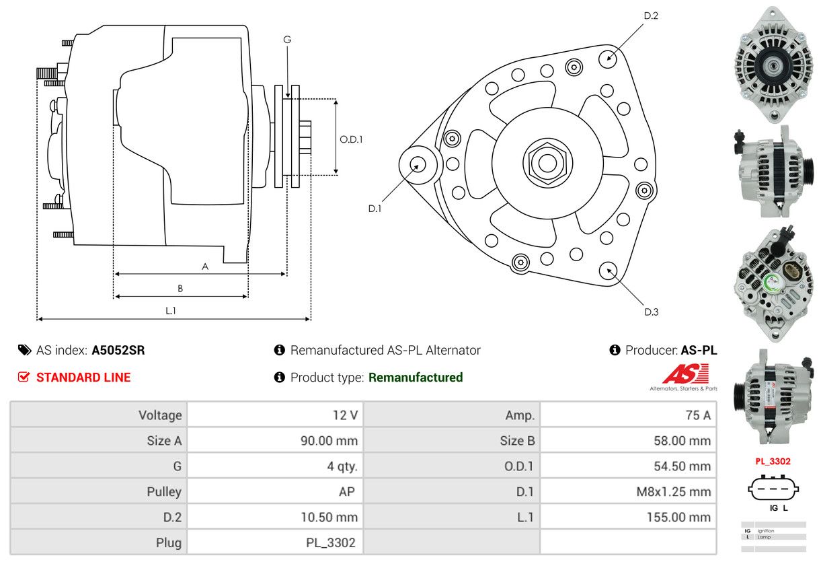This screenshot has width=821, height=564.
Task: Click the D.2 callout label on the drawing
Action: [x=650, y=15]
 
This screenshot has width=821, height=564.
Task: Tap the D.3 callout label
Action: [x=651, y=312]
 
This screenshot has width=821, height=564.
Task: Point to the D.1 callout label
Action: [x=375, y=209]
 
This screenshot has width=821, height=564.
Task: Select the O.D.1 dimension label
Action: [x=351, y=139]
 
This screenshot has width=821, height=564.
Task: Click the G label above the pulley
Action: [x=287, y=40]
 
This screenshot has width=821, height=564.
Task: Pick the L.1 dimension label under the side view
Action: [x=171, y=310]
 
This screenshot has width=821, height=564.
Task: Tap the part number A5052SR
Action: [x=118, y=350]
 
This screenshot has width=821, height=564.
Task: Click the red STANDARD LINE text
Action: [x=83, y=378]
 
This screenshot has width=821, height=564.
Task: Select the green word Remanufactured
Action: [x=416, y=378]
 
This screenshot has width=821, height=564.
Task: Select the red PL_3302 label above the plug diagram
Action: [x=773, y=462]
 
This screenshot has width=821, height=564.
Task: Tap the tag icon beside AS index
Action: [x=24, y=350]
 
